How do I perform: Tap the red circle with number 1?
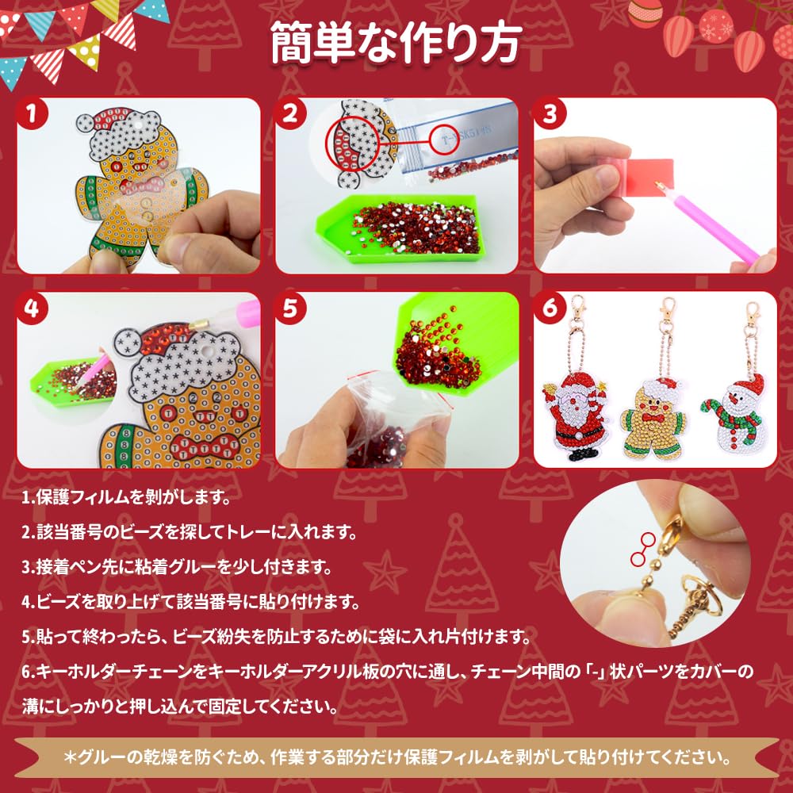click(x=33, y=114)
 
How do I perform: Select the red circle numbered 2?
click(x=292, y=114)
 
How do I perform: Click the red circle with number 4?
click(x=33, y=309)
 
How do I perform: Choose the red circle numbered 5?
click(x=292, y=309)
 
